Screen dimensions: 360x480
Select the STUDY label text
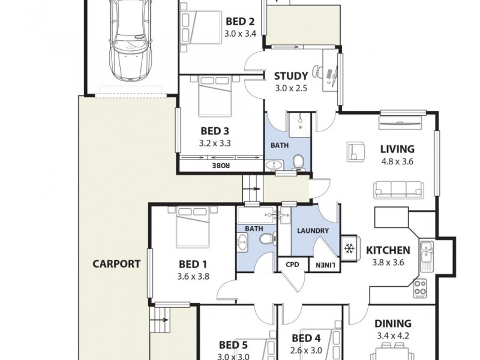point(291,76)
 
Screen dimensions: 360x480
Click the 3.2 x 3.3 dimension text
point(215,143)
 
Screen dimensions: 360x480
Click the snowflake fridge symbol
point(349,248)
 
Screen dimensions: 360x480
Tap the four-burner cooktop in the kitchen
point(421,288)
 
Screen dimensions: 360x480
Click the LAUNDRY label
point(312,231)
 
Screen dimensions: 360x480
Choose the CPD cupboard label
point(292,265)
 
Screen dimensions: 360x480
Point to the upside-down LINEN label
point(323,265)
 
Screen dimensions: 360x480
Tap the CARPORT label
point(116,263)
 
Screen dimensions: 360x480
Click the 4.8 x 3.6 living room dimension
point(397,161)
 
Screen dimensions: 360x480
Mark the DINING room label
point(394,323)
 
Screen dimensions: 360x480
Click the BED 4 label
point(306,338)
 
